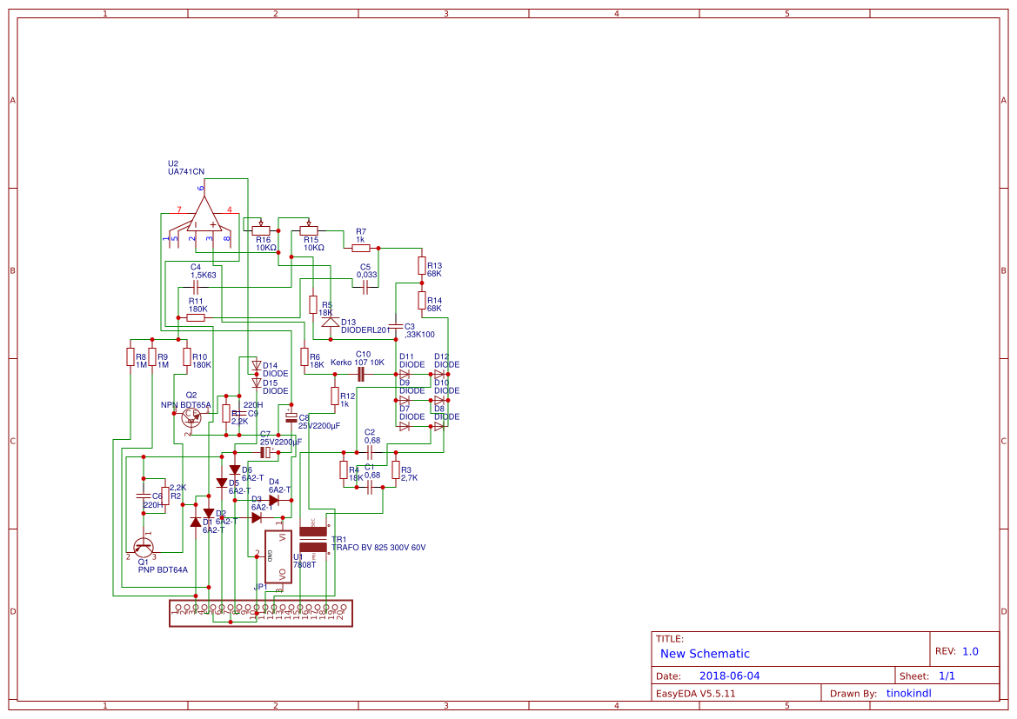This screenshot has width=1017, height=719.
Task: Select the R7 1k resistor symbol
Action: (360, 248)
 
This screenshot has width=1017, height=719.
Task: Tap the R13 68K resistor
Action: (421, 265)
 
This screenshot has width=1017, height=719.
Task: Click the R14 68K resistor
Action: (421, 301)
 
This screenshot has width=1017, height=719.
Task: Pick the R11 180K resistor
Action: (196, 317)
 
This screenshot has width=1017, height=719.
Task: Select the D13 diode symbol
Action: (330, 321)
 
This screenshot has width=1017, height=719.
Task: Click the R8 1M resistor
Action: (130, 356)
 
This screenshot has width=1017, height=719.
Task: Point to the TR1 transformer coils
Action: (312, 539)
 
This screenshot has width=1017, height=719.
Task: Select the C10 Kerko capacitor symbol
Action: (360, 374)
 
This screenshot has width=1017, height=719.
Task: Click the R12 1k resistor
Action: (334, 396)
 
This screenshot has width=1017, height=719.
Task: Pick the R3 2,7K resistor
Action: (395, 470)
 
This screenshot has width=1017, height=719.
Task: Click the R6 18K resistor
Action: (304, 356)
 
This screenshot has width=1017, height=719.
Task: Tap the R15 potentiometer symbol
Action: (309, 230)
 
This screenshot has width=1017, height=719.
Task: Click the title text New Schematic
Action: (705, 654)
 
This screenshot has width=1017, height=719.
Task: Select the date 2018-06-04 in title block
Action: (730, 676)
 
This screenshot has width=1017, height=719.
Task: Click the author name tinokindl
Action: (908, 694)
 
